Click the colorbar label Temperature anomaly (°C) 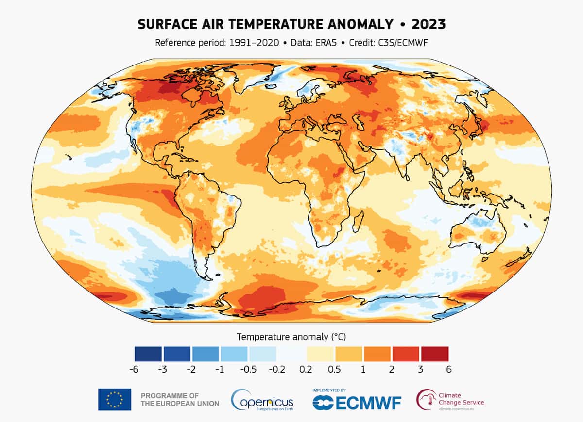click(291, 336)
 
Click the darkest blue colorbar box click(149, 354)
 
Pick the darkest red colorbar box click(434, 354)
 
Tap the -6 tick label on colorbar click(135, 369)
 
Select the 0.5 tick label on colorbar click(334, 369)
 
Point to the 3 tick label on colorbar click(420, 369)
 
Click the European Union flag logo click(115, 399)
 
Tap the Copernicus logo click(262, 400)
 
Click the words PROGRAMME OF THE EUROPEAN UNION click(180, 399)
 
